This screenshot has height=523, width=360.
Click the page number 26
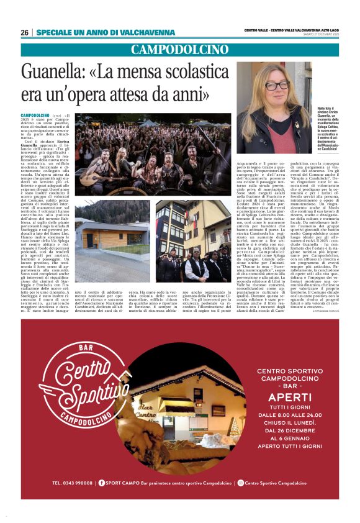24,32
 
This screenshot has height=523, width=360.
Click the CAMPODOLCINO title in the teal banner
180,50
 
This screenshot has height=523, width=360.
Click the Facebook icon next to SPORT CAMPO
102,500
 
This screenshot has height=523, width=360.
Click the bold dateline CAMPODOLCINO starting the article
35,116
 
